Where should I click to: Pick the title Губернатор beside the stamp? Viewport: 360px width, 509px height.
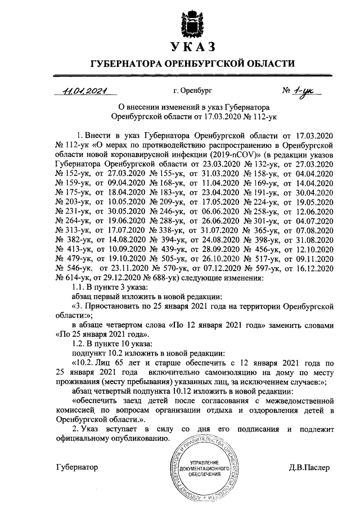pyautogui.click(x=77, y=467)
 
